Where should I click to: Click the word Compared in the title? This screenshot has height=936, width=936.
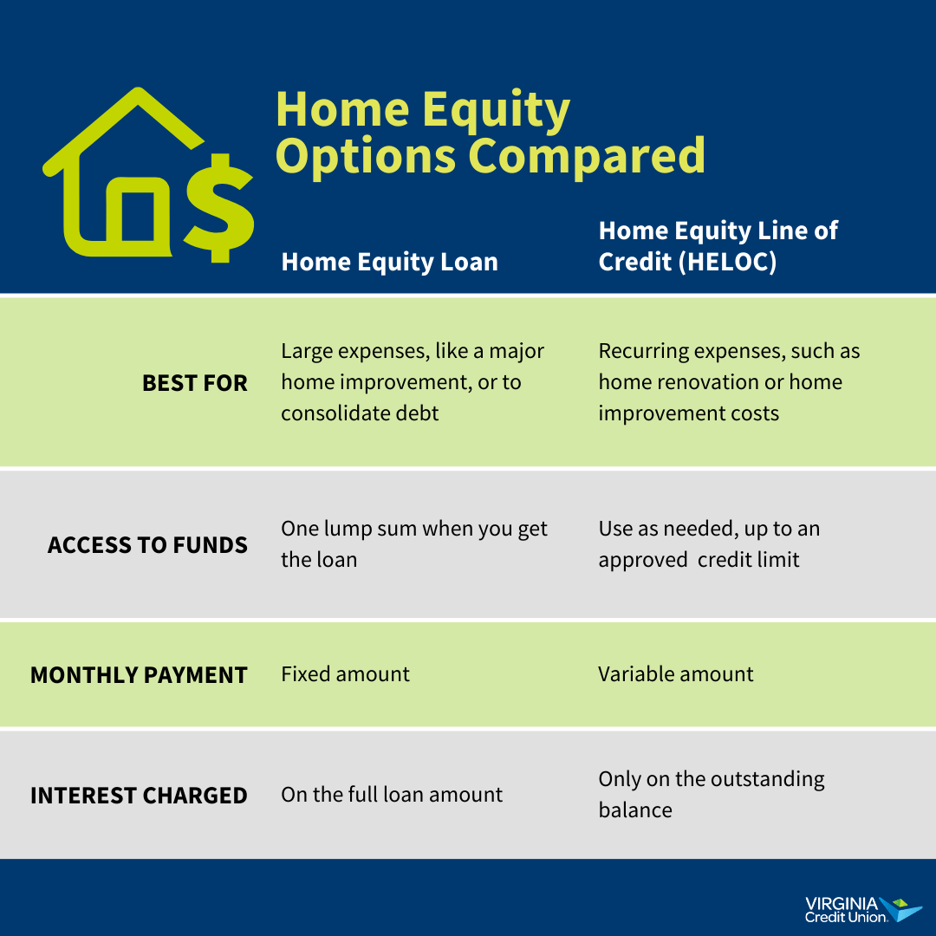coord(587,156)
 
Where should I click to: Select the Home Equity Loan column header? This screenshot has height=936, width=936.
coord(389,262)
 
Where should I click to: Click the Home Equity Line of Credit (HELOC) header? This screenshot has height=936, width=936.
coord(718,246)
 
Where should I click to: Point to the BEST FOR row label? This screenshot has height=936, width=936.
coord(194,383)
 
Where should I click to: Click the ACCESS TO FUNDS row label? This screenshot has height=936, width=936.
coord(147,545)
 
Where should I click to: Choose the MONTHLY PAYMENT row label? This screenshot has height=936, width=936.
coord(139,675)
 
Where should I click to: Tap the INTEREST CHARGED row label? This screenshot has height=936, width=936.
coord(139,796)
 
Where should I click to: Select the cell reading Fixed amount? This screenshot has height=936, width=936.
coord(345,674)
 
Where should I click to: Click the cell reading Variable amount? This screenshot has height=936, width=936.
coord(675,674)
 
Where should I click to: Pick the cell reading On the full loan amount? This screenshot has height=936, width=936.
coord(391,795)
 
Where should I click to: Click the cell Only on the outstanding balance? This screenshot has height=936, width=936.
coord(711,794)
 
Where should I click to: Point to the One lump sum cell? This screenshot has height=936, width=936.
coord(413,544)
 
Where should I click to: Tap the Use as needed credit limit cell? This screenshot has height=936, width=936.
coord(708,544)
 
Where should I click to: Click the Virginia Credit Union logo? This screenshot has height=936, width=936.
coord(862,909)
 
